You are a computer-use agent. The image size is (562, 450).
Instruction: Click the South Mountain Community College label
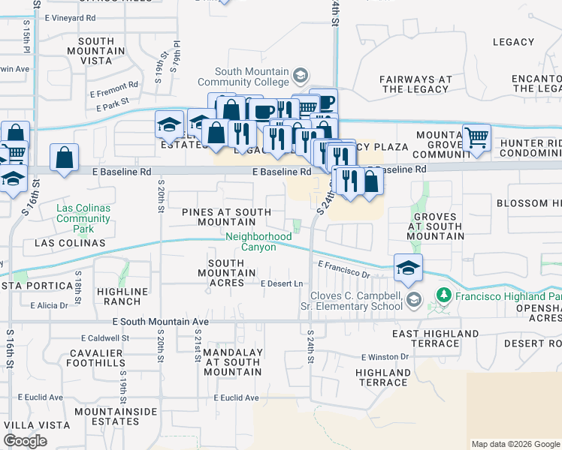point(252,76)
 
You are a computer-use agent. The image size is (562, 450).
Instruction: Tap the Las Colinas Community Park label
point(83,213)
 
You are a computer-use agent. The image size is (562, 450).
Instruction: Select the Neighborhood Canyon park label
point(258,241)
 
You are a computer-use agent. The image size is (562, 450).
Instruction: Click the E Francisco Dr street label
point(343,269)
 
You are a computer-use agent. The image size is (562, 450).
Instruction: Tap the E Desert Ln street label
point(281,283)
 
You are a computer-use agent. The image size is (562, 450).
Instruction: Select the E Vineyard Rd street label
point(70,16)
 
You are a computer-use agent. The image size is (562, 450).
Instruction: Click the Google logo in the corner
point(26,441)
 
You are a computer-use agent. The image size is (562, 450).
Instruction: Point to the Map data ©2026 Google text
point(515,444)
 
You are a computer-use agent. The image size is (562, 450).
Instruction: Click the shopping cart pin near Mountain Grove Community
point(476,138)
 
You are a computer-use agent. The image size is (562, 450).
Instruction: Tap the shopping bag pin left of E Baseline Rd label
point(65,158)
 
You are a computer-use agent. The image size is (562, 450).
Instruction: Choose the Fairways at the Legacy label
point(415,84)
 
